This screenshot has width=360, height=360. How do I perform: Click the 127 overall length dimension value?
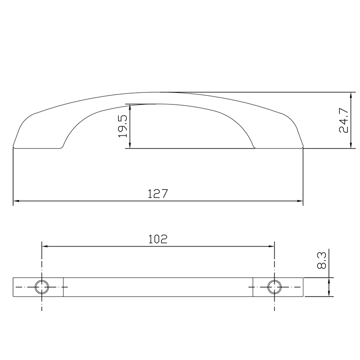pos(157,194)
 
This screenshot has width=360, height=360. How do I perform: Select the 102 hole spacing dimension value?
pos(157,239)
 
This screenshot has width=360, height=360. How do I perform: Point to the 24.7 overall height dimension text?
pos(343,120)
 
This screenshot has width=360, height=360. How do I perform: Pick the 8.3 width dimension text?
pos(322,261)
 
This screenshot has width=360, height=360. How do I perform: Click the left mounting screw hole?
pos(42,287)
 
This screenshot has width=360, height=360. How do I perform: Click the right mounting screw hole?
pos(274,287)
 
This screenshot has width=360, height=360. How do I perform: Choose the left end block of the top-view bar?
pos(38,287)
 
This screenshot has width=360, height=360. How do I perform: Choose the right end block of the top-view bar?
pos(278,287)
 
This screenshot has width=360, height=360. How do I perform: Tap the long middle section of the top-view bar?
pos(157,287)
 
